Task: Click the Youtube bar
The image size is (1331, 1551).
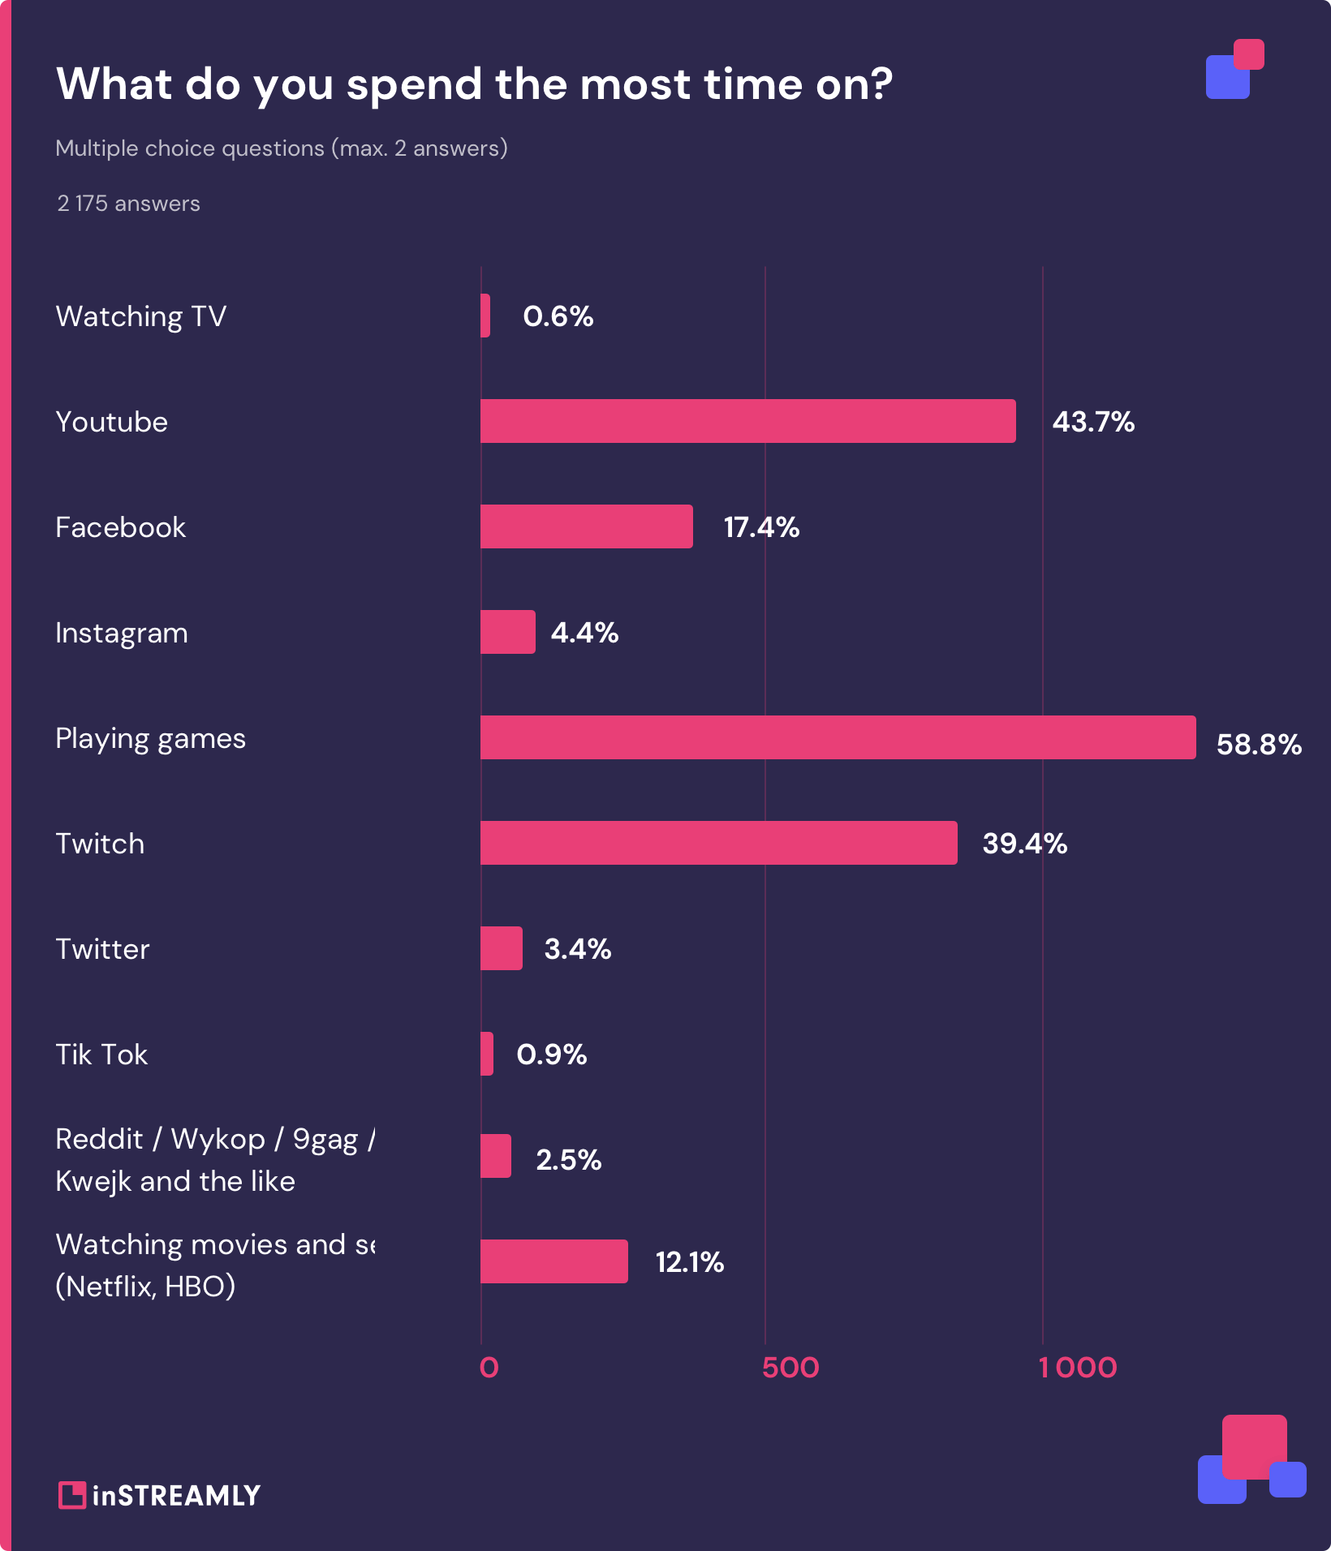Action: click(x=747, y=421)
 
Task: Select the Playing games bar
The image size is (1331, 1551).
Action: click(x=838, y=737)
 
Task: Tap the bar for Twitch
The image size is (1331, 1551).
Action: click(x=718, y=843)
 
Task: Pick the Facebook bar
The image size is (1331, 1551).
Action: click(x=586, y=526)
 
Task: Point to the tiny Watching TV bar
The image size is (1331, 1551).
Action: click(x=485, y=316)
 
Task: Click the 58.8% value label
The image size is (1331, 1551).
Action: click(x=1258, y=744)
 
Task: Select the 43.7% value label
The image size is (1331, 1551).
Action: click(x=1092, y=422)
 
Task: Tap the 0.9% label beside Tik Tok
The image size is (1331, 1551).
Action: click(x=551, y=1054)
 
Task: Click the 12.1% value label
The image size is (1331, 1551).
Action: click(x=689, y=1261)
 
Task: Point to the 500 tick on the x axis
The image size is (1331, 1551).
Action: click(x=790, y=1368)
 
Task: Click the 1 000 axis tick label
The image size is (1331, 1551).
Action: click(x=1078, y=1368)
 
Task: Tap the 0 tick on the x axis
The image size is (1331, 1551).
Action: click(x=489, y=1368)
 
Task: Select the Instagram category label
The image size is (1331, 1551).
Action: click(x=122, y=633)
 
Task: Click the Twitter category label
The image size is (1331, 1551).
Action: click(x=102, y=949)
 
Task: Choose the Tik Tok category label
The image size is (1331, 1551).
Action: click(x=101, y=1055)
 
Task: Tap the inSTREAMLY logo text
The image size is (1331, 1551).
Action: click(x=176, y=1495)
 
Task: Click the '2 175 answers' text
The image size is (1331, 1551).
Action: click(x=128, y=204)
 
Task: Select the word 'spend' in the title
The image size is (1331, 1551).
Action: click(x=414, y=84)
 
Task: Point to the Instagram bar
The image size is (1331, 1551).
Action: click(x=507, y=632)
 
